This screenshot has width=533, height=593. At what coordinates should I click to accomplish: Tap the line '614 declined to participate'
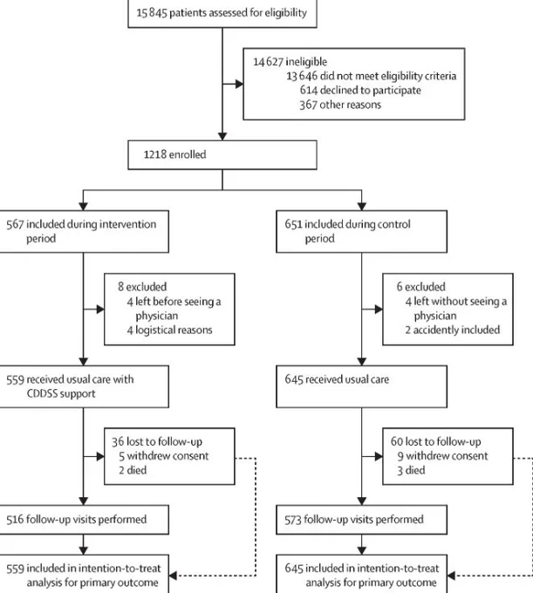[x=360, y=91]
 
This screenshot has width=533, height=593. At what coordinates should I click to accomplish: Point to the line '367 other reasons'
[x=340, y=105]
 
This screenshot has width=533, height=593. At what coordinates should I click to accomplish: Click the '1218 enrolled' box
[x=222, y=155]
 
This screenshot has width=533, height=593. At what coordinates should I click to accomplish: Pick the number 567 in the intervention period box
[x=15, y=224]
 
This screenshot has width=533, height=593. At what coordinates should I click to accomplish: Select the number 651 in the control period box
[x=294, y=224]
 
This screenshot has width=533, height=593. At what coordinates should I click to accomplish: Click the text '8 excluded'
[x=142, y=287]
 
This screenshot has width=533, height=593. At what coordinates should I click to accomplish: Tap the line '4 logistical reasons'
[x=169, y=331]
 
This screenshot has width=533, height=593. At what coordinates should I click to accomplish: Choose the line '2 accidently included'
[x=453, y=331]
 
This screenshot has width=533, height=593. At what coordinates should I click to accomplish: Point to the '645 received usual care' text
[x=337, y=379]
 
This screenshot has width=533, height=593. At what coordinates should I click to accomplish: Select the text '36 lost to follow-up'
[x=157, y=442]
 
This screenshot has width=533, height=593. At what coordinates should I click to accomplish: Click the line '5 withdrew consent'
[x=164, y=456]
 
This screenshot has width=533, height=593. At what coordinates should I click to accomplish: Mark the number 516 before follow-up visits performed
[x=15, y=519]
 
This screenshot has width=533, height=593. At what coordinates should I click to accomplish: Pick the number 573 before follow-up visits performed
[x=294, y=520]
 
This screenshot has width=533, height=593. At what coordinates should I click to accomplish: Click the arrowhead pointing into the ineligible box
[x=239, y=84]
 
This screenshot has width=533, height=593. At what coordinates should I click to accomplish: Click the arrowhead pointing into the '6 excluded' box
[x=379, y=310]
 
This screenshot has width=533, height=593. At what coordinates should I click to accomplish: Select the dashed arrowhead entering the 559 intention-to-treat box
[x=173, y=576]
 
